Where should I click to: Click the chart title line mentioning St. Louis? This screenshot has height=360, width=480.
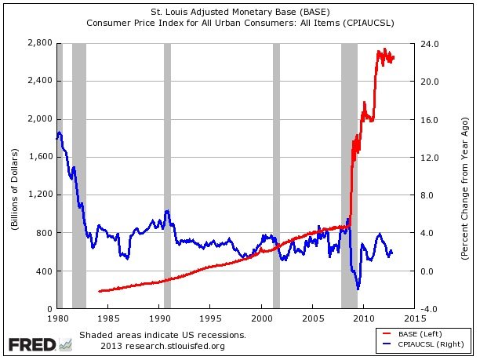[240, 12]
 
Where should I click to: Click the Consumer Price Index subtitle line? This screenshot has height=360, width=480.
[240, 23]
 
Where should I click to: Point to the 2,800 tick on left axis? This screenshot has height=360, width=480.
[39, 43]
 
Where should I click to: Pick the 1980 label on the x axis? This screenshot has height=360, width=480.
[57, 318]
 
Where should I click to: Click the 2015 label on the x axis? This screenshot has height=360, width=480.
[415, 318]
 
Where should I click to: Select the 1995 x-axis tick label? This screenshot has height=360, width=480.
[210, 318]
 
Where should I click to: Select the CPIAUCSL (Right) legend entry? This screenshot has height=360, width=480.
[430, 344]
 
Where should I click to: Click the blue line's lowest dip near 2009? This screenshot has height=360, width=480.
[358, 288]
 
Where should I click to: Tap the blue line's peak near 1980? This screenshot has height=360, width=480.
[60, 133]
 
